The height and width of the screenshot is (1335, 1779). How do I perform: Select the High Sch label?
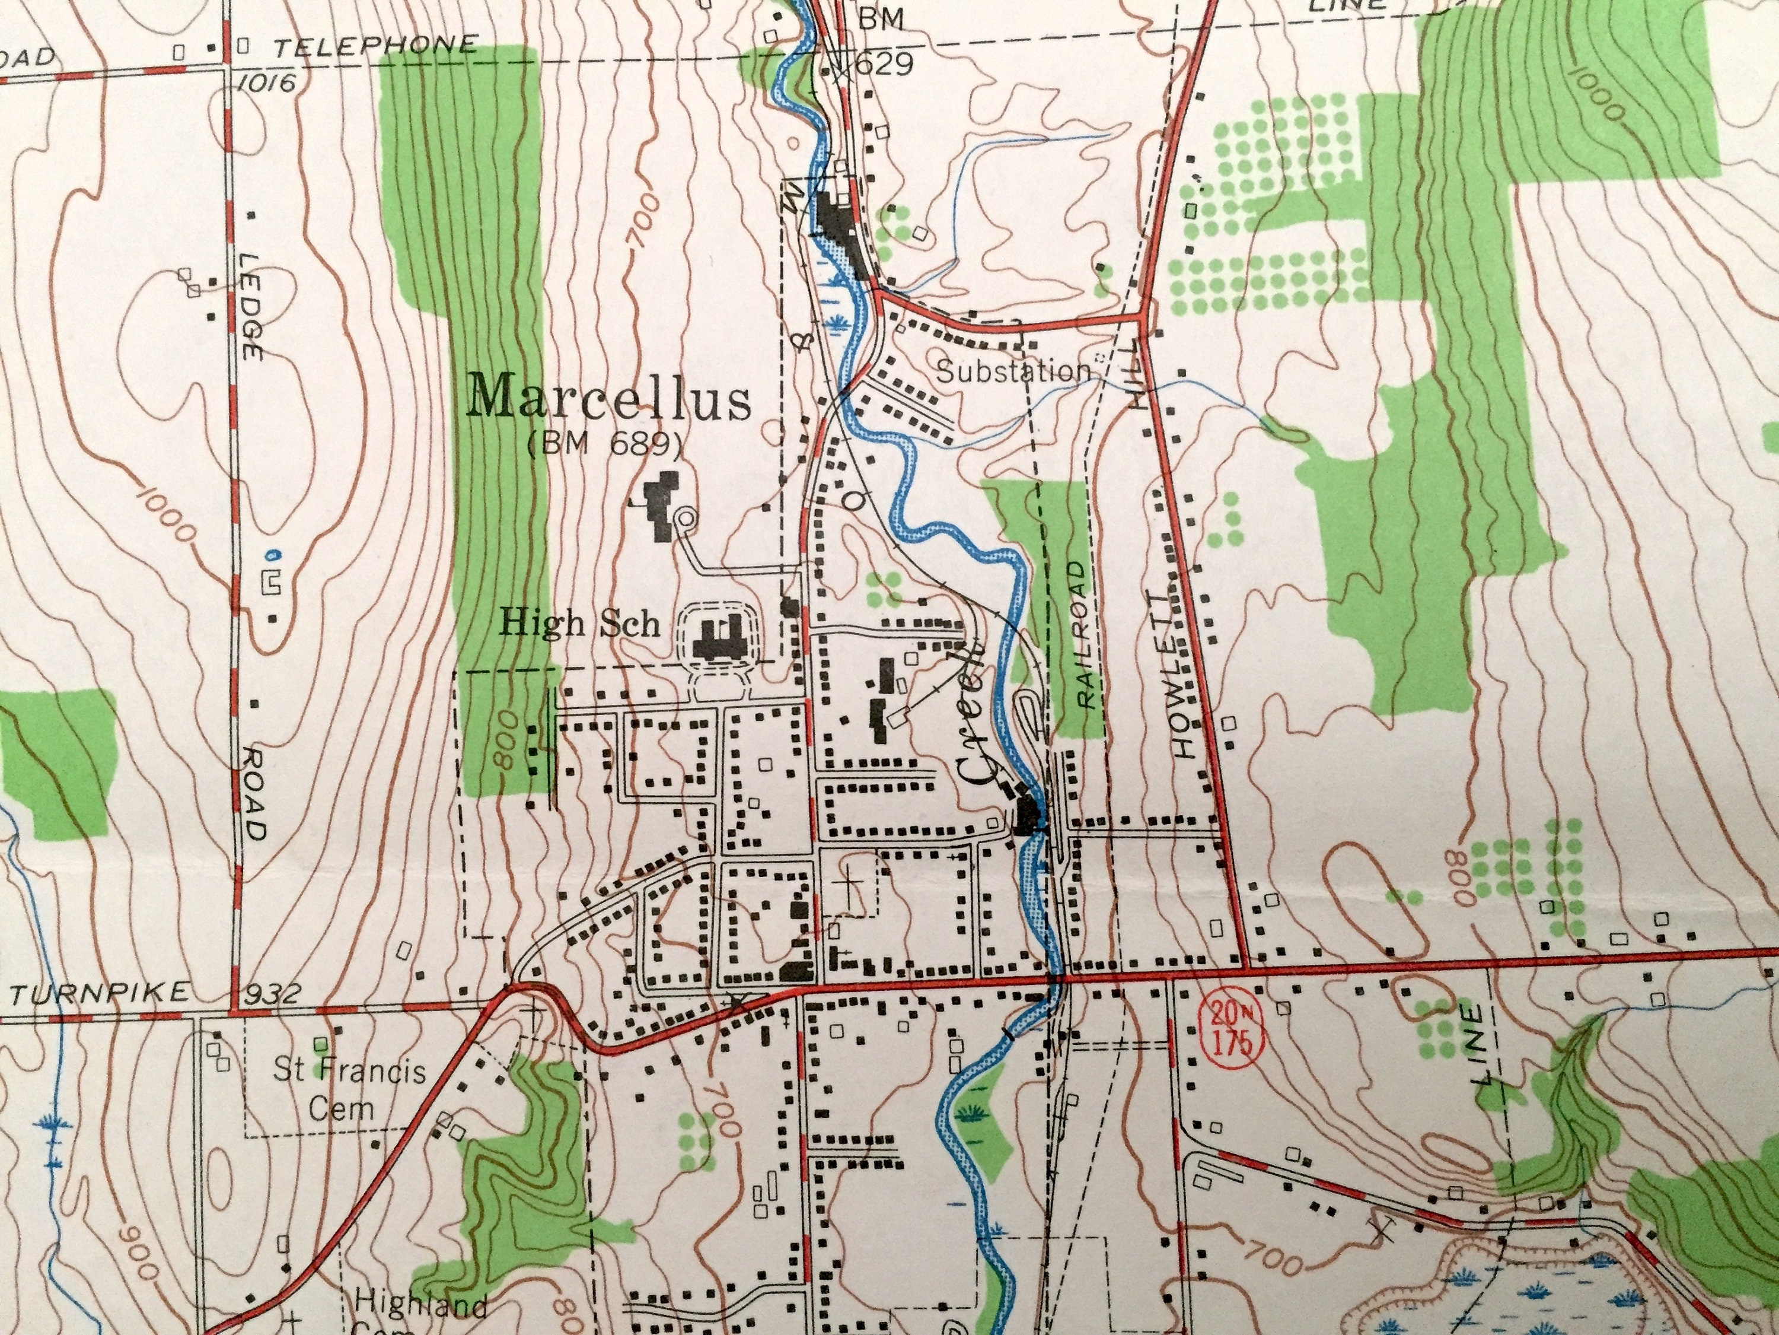(580, 624)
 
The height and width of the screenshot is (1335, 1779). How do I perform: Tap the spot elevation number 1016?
(262, 82)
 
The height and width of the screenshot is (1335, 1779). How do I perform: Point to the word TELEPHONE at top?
(375, 47)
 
